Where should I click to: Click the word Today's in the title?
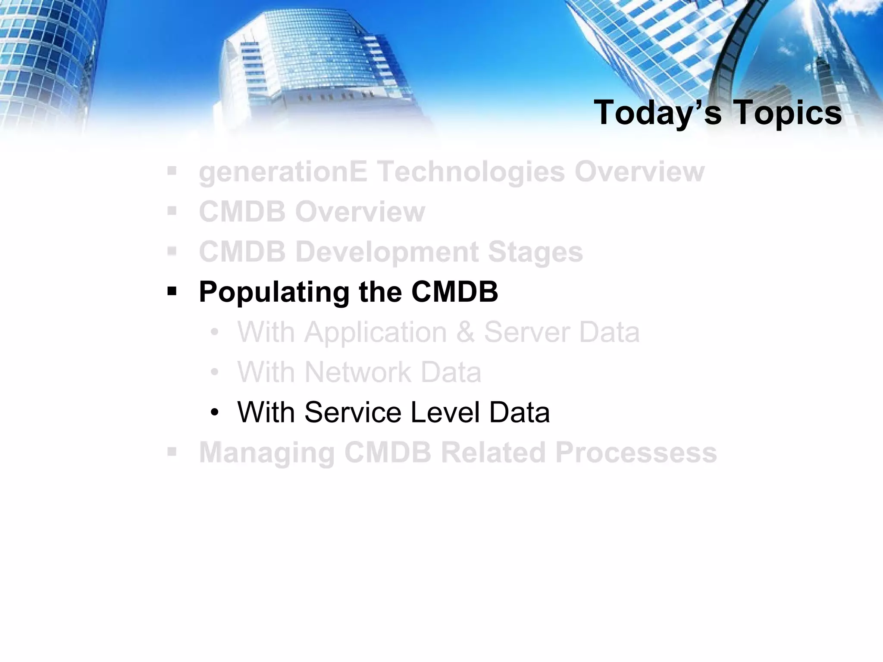click(x=657, y=113)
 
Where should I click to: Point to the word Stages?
click(x=535, y=252)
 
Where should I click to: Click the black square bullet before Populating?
click(x=172, y=292)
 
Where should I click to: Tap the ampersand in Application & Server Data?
click(x=465, y=332)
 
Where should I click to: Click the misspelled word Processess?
click(x=636, y=453)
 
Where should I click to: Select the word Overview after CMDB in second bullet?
click(x=360, y=212)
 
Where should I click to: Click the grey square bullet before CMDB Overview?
click(x=172, y=212)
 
